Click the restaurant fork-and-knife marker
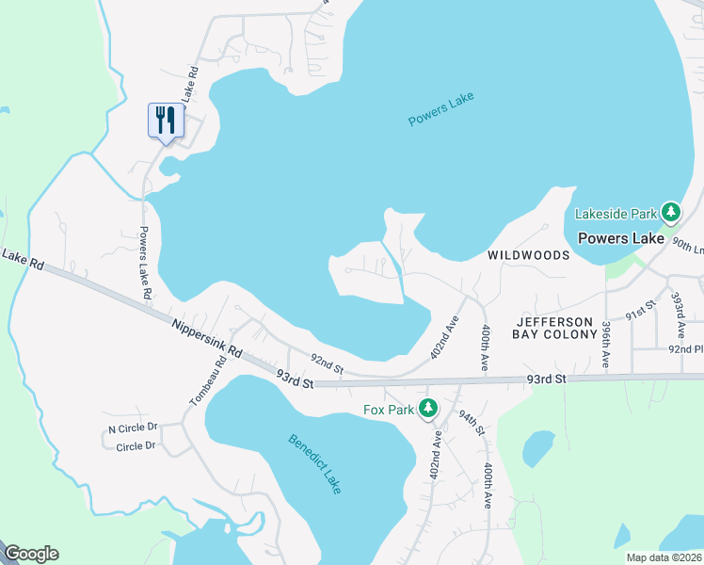tap(166, 121)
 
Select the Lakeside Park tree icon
tap(671, 213)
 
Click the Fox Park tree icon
tap(428, 409)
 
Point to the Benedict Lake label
tap(314, 464)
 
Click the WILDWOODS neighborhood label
tap(528, 255)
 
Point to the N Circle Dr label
tap(132, 429)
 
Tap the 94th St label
tap(472, 421)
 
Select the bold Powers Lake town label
tap(620, 238)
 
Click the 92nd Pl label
tap(686, 348)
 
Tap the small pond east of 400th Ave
tap(537, 449)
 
